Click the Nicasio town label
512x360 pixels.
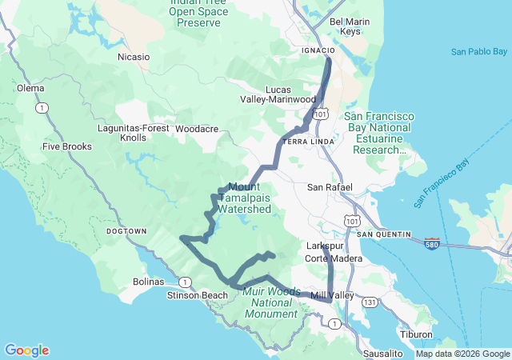[134, 57]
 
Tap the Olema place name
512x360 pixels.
[30, 88]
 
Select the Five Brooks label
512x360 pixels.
[67, 146]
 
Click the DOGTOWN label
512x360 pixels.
[126, 231]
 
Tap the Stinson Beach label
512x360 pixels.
[198, 295]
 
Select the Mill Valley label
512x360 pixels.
[332, 295]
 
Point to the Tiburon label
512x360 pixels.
[418, 334]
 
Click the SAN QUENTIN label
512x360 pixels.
[384, 234]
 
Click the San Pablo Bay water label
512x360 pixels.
[478, 52]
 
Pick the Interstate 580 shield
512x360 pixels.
[431, 242]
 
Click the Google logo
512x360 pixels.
[26, 350]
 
